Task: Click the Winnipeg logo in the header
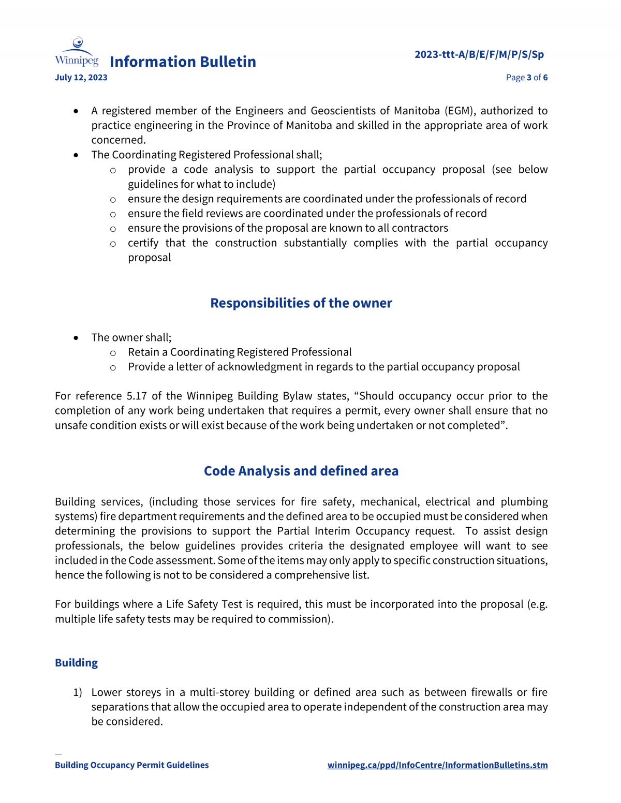click(77, 52)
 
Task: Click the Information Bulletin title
click(183, 62)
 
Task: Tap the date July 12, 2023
click(81, 78)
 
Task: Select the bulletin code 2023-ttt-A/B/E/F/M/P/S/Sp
click(479, 54)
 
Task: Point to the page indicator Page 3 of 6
click(526, 78)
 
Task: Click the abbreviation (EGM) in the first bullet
click(459, 111)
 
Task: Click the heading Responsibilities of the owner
click(301, 303)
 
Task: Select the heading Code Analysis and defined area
click(301, 471)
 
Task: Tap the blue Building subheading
click(76, 663)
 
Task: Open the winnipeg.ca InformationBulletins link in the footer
click(437, 765)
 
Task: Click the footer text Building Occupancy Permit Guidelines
click(132, 765)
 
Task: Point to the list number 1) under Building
click(78, 692)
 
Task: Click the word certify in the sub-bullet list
click(143, 243)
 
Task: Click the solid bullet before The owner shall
click(76, 338)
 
